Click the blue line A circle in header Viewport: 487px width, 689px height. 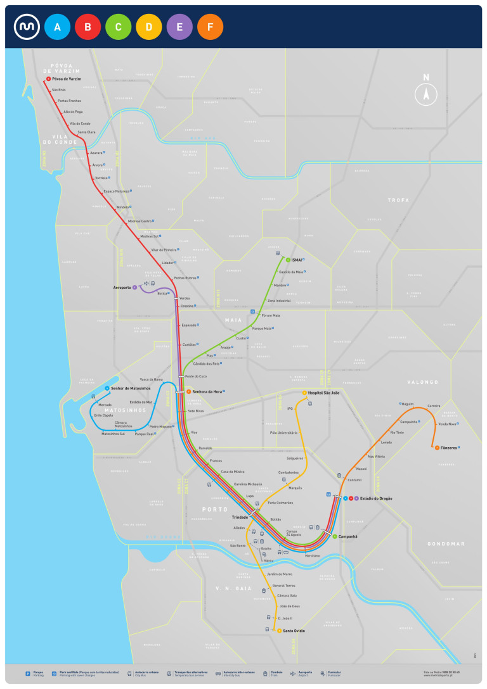(x=57, y=27)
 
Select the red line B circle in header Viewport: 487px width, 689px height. (x=88, y=27)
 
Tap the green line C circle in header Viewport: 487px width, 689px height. (x=118, y=27)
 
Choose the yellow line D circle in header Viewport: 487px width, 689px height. (x=149, y=27)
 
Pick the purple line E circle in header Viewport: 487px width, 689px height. (x=179, y=27)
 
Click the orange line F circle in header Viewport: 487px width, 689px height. (x=210, y=27)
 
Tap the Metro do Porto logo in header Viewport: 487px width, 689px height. (x=27, y=27)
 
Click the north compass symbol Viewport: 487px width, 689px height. (x=426, y=92)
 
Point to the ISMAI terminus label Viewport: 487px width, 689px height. (x=296, y=260)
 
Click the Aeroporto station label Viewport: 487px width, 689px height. (x=121, y=288)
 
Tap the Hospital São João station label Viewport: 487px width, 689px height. (x=324, y=393)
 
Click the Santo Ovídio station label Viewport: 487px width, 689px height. (x=294, y=631)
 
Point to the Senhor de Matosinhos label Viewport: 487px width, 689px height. (x=129, y=388)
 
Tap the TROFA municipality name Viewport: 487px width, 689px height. (x=398, y=200)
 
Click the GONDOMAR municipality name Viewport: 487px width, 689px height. (x=446, y=544)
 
